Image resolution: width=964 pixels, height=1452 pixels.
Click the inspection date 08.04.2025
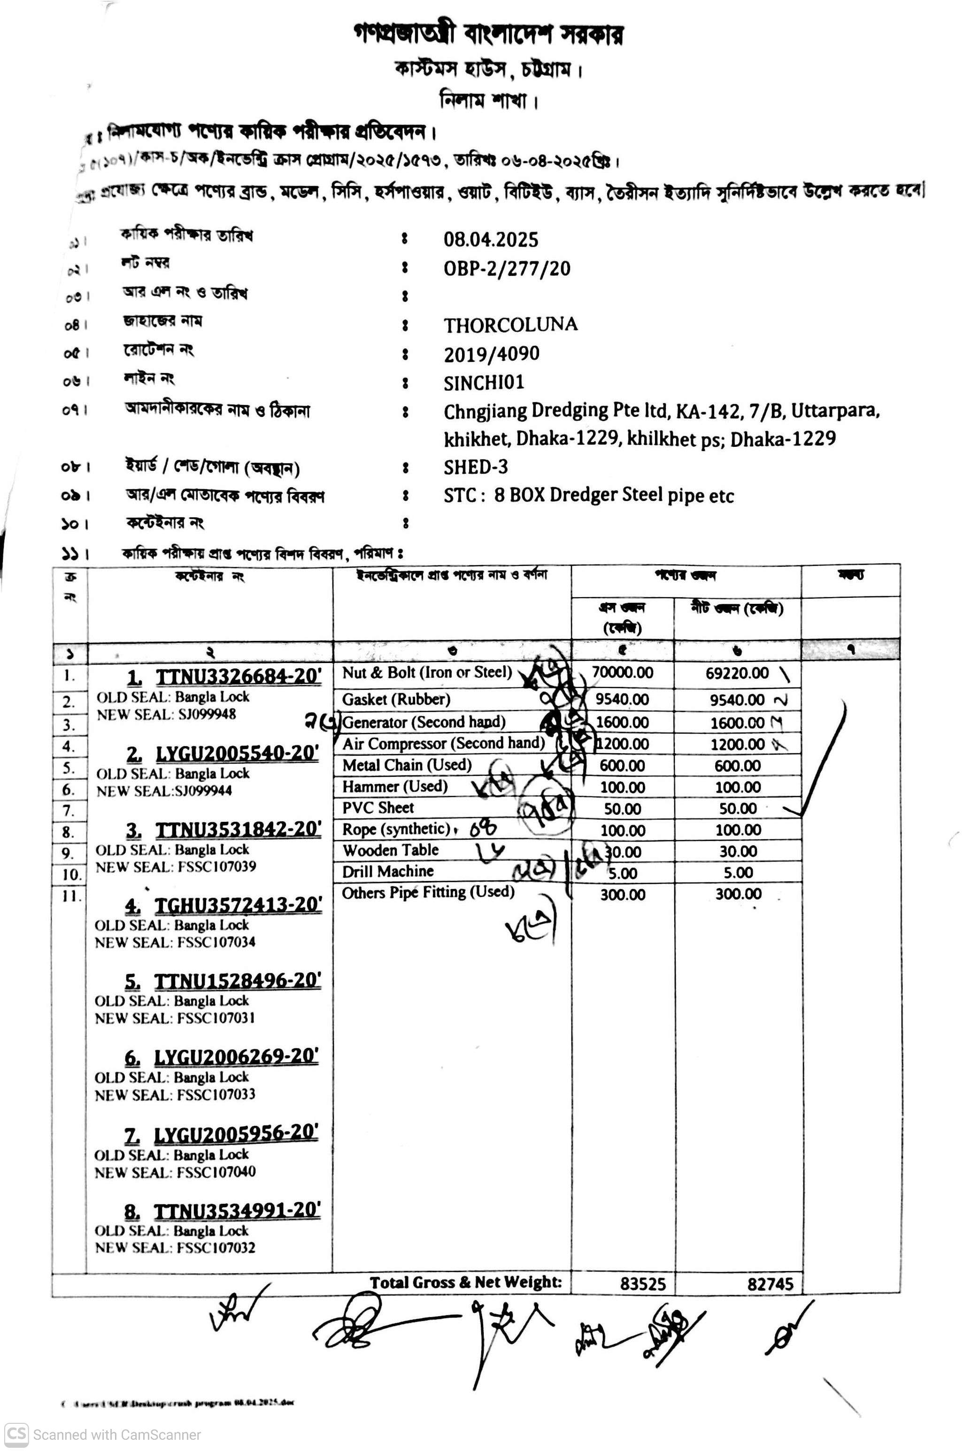[491, 239]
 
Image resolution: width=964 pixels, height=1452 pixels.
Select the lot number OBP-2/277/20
[507, 268]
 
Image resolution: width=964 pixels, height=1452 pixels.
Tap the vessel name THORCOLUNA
[510, 324]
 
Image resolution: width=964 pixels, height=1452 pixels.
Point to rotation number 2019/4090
[491, 354]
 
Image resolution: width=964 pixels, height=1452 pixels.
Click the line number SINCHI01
[484, 383]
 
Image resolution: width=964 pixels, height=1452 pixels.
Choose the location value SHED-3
[475, 467]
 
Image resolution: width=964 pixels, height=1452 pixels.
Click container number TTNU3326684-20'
[238, 676]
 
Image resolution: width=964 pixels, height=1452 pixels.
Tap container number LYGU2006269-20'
[236, 1056]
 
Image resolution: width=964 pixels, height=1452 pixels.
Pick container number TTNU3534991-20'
[236, 1210]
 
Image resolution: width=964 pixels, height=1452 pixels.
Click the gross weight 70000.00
[622, 672]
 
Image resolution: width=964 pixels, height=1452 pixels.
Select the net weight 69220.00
[737, 673]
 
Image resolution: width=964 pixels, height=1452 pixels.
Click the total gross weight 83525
[642, 1284]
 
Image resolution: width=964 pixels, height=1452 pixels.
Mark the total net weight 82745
[770, 1284]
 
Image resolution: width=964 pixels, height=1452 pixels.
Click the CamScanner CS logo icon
[16, 1434]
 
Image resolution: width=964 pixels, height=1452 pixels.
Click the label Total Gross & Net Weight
[465, 1283]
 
